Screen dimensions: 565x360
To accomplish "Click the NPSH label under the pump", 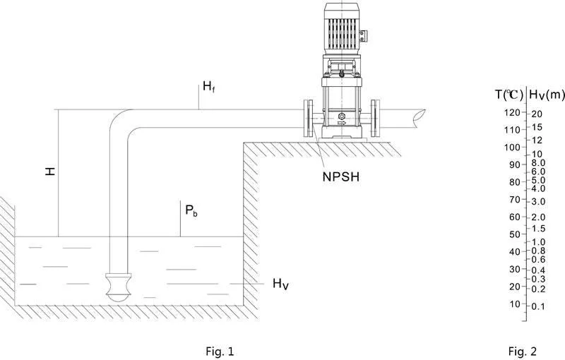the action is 341,176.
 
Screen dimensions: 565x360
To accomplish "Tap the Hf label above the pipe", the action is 209,87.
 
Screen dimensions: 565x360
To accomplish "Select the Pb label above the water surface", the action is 191,210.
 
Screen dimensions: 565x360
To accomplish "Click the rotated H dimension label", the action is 50,171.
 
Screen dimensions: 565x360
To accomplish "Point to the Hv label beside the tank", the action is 280,284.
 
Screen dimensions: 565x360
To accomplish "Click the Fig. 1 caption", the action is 220,351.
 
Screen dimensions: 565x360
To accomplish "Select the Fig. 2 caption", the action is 523,351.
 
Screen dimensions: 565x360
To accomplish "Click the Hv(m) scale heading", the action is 546,95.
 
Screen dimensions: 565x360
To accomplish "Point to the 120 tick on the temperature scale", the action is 513,112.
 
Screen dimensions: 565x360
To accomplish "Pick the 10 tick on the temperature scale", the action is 516,304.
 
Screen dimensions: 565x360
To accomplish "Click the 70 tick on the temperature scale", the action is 516,200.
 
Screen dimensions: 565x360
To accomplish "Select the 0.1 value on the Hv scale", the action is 538,306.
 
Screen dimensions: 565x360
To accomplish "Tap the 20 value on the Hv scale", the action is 537,114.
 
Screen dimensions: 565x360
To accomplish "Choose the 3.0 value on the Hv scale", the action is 538,202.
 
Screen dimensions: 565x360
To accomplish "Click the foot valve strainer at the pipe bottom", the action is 118,287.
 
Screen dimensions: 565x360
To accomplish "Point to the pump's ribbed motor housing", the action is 341,33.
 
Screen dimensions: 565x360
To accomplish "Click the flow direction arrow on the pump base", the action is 341,123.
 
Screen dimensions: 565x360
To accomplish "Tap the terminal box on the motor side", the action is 363,35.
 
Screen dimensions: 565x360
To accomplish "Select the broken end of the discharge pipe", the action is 420,119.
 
